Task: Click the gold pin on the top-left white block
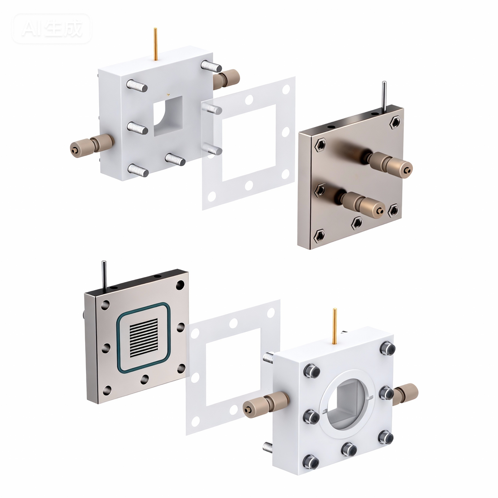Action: pyautogui.click(x=156, y=44)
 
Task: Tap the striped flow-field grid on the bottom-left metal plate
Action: pyautogui.click(x=144, y=338)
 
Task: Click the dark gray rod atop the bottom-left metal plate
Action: pyautogui.click(x=104, y=274)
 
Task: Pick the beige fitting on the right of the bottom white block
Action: pyautogui.click(x=405, y=393)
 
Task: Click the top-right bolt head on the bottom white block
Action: pyautogui.click(x=388, y=348)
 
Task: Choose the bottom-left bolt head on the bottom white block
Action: pyautogui.click(x=312, y=462)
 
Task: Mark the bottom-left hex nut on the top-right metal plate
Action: pyautogui.click(x=320, y=235)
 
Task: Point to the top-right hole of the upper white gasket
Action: pyautogui.click(x=286, y=90)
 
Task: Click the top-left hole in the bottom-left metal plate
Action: pyautogui.click(x=106, y=304)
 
